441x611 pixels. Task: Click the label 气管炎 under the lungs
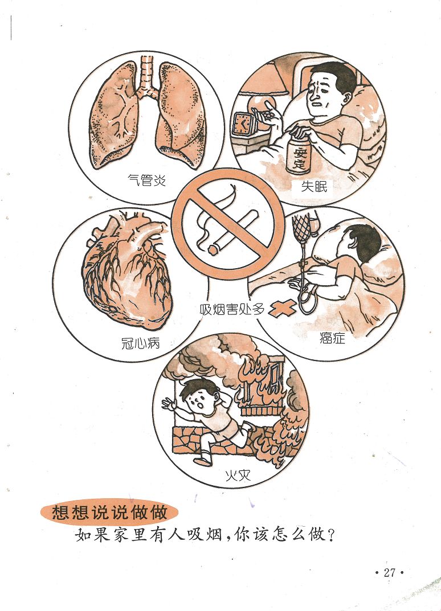click(x=147, y=180)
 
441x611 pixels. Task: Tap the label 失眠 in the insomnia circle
click(x=314, y=187)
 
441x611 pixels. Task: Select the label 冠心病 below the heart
click(x=141, y=343)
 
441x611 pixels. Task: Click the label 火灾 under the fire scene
click(x=238, y=475)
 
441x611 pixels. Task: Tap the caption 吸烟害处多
click(x=232, y=309)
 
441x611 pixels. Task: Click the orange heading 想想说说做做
click(x=109, y=512)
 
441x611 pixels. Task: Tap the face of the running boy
click(x=199, y=401)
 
